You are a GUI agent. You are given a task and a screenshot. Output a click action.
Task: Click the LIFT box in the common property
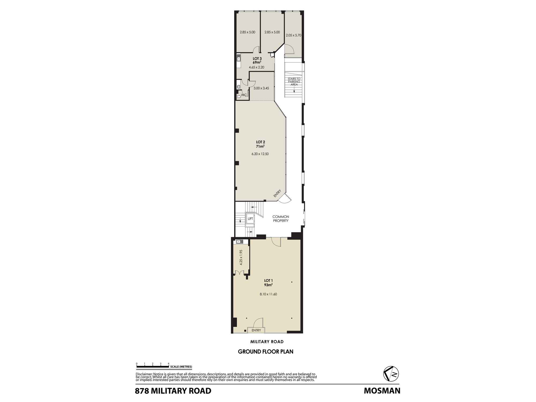[x=250, y=219]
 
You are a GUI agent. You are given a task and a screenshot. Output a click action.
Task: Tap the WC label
[x=244, y=95]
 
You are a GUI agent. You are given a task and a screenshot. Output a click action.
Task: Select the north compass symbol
[x=391, y=374]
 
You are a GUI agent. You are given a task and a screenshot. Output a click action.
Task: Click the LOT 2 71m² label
[x=260, y=144]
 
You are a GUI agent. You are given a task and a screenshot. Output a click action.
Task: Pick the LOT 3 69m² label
[x=257, y=60]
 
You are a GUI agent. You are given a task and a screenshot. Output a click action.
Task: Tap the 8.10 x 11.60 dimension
[x=268, y=294]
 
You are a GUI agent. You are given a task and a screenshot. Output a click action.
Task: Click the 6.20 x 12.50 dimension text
[x=260, y=154]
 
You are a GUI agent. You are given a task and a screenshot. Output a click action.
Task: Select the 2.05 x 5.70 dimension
[x=293, y=35]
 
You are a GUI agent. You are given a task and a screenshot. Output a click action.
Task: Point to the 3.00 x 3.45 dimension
[x=261, y=88]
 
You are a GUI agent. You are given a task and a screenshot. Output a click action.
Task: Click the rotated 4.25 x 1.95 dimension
[x=241, y=257]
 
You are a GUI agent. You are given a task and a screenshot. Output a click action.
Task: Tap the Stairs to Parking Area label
[x=294, y=81]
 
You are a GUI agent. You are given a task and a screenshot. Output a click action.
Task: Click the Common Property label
[x=281, y=218]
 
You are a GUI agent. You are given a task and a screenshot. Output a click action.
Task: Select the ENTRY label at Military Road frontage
[x=256, y=330]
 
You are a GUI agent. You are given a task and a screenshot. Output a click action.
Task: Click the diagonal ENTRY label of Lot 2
[x=277, y=193]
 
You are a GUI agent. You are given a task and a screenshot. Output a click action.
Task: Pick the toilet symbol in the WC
[x=239, y=96]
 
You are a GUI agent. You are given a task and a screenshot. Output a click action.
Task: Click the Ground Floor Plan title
[x=266, y=352]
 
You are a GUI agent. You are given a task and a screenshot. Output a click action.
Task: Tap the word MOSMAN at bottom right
[x=382, y=391]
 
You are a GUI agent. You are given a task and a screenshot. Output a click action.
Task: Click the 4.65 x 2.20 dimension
[x=256, y=67]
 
